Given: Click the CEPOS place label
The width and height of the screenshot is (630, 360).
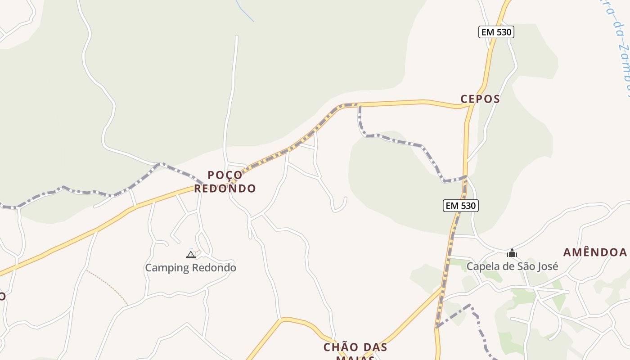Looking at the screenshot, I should coord(480,99).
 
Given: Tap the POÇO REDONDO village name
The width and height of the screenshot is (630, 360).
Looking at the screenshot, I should coord(225,182).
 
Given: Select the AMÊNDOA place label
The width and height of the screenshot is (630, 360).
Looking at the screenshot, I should coord(595,252).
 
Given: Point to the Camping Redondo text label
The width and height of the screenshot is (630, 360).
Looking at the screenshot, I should coord(190,268).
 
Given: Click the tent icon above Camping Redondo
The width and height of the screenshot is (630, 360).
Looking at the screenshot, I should coord(191,255).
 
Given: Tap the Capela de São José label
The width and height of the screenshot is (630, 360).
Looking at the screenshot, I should coord(512,266).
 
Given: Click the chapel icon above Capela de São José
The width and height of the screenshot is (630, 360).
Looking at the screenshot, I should coord(512,253).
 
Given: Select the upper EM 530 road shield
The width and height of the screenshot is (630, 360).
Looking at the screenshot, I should coord(496,32).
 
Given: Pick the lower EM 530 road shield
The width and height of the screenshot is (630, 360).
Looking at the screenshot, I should coord(460,206).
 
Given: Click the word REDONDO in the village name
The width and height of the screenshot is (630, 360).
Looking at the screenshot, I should coord(225,189).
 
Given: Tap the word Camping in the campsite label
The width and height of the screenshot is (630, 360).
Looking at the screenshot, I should coord(167,268).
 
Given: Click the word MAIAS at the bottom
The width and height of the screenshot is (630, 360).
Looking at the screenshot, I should coord(355,358).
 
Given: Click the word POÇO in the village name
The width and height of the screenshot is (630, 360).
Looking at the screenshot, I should coord(225,175).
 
